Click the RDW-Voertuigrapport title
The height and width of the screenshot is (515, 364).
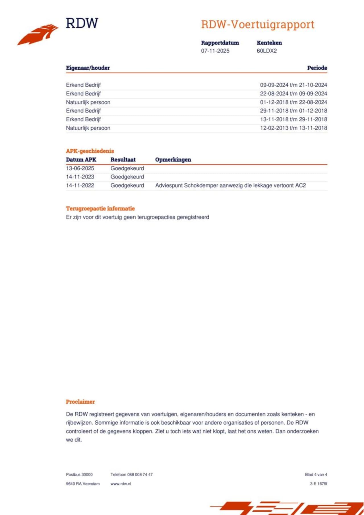coord(257,24)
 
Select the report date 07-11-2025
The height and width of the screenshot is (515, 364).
coord(215,51)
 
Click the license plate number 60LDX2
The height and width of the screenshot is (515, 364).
coord(266,51)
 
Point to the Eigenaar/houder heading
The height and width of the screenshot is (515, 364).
coord(88,68)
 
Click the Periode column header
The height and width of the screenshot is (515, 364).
coord(317,68)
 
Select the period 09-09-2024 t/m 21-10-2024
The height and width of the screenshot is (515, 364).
coord(293,85)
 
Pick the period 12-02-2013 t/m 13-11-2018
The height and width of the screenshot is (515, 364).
coord(293,128)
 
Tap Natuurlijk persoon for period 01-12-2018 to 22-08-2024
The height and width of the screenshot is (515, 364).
coord(88,102)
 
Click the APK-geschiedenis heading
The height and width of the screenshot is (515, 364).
coord(90,151)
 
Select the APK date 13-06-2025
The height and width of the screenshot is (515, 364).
coord(80,168)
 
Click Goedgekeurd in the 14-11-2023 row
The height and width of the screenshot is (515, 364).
coord(127,177)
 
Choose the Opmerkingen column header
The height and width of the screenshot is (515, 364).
coord(173,160)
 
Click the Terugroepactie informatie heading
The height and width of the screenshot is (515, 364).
coord(100,208)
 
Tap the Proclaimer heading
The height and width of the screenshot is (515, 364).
coord(80,402)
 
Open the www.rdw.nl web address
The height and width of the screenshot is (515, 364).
coord(121,483)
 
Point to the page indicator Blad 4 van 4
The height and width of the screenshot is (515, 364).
coord(316,474)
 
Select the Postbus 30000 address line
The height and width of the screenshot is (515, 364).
coord(79,474)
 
